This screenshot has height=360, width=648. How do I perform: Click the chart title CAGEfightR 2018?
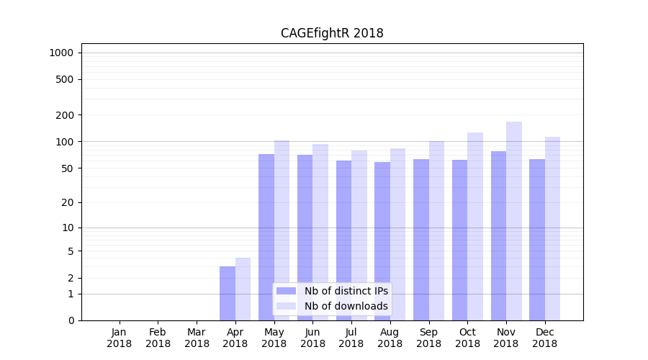332,33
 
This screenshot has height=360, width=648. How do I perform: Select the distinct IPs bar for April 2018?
228,293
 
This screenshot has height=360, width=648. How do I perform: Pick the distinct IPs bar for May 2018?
266,237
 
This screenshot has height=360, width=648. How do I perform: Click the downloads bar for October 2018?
475,226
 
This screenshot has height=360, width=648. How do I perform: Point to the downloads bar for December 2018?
552,228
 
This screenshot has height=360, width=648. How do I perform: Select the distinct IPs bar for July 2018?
343,240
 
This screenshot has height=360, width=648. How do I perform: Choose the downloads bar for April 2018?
243,289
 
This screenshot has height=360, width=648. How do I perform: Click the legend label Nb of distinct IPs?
346,291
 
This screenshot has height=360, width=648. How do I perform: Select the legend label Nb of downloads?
346,306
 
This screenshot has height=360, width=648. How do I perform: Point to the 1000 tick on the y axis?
61,53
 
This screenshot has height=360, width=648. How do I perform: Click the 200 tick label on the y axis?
66,115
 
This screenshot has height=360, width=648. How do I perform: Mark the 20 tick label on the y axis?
68,202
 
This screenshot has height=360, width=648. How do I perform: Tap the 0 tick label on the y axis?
71,320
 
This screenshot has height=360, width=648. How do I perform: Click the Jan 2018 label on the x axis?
120,338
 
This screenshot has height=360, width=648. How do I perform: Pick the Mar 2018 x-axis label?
197,338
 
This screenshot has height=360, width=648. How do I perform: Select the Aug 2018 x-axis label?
390,338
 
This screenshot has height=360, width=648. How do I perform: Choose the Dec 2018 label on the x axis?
545,338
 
